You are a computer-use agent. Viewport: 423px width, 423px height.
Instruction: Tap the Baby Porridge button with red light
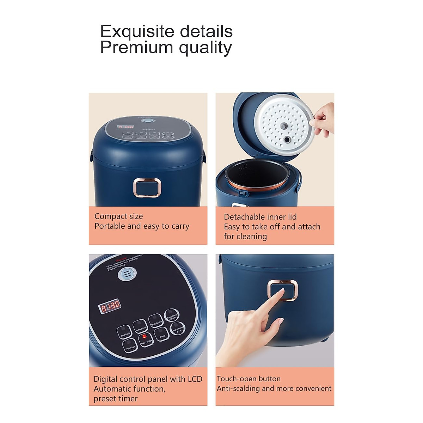[145, 339]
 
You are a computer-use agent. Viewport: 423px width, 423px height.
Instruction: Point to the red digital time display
[110, 306]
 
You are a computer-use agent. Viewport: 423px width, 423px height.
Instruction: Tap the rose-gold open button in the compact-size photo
[147, 187]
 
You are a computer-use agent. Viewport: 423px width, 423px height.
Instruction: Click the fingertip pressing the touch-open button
[281, 291]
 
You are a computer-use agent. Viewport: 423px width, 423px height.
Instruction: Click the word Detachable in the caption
[242, 217]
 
